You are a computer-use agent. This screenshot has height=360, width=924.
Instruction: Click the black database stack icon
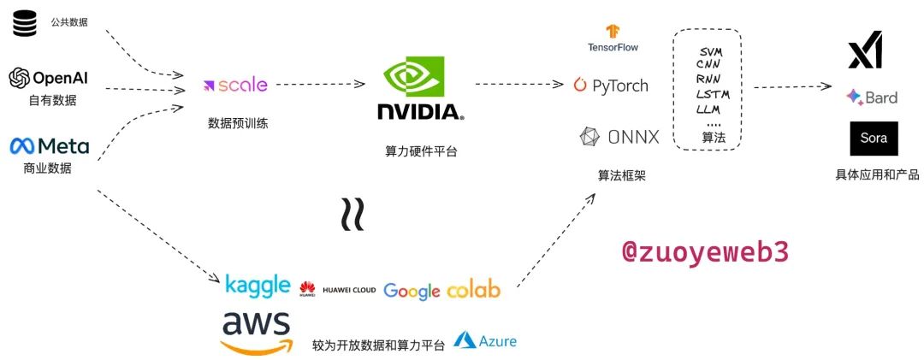tap(24, 23)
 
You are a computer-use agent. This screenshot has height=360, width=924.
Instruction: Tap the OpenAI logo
tap(48, 79)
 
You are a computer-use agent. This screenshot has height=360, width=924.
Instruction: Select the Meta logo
tap(49, 146)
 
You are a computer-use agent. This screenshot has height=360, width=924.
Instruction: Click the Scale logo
tap(235, 85)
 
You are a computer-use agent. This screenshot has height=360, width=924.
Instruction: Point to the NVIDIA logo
tap(420, 90)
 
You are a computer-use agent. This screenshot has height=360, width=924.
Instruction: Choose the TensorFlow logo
tap(613, 38)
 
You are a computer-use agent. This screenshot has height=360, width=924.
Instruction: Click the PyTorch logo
tap(611, 86)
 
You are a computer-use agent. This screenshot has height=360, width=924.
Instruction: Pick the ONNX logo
tap(619, 136)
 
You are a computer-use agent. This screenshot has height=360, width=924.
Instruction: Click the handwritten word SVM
tap(710, 51)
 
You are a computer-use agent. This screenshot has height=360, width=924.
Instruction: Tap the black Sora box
tap(874, 139)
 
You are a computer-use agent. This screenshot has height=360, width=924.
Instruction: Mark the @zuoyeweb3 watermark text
tap(704, 251)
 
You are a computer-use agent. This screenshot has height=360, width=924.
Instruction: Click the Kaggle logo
tap(258, 286)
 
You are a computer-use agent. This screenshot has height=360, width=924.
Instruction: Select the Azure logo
tap(485, 341)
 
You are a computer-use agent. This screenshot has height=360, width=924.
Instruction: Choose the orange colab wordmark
tap(473, 290)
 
